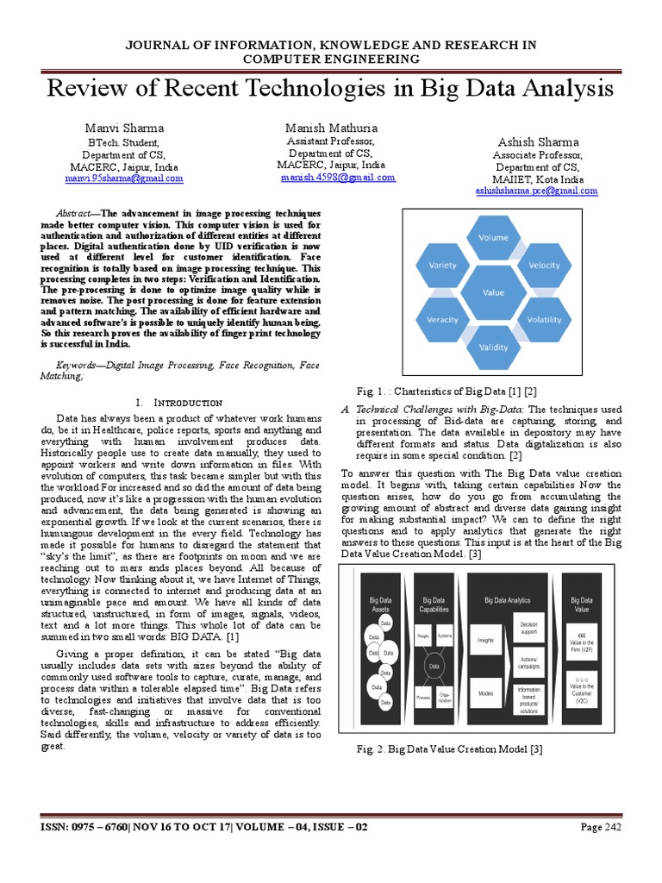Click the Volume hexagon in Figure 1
tap(493, 237)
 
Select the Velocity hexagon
tap(544, 266)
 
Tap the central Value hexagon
tap(493, 292)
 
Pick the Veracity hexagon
tap(442, 319)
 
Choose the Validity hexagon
tap(493, 348)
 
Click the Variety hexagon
tap(442, 266)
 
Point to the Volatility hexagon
tap(544, 319)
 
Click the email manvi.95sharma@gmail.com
tap(124, 178)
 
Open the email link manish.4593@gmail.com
tap(338, 178)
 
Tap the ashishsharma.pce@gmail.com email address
tap(536, 191)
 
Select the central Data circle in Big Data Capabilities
tap(434, 665)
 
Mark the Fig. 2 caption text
tap(449, 749)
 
